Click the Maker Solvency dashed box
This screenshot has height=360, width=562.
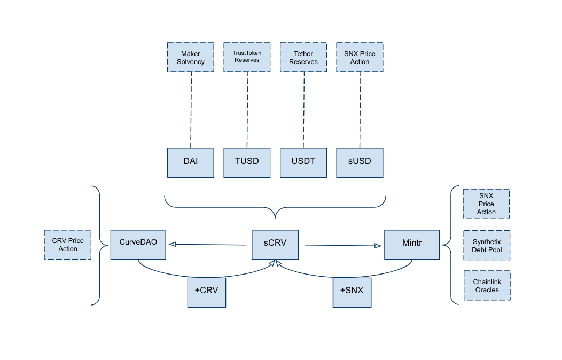[191, 57]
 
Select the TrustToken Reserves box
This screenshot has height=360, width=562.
[247, 57]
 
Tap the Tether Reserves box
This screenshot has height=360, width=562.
[303, 57]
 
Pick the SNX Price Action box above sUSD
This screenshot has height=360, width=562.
[360, 57]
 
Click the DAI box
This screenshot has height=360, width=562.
[191, 163]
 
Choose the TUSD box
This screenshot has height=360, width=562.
[247, 163]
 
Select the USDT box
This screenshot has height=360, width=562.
[303, 163]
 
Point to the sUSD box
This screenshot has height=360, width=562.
[360, 163]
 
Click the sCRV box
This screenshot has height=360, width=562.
[275, 245]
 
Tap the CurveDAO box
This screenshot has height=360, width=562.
[138, 245]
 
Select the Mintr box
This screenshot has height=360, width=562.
[412, 245]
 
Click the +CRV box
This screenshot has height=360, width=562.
[206, 292]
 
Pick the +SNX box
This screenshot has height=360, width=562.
[352, 292]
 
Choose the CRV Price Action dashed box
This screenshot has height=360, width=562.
[68, 245]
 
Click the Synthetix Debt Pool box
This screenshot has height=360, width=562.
[487, 245]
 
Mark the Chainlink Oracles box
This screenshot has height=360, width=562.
[487, 286]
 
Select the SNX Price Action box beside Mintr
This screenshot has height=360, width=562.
[486, 204]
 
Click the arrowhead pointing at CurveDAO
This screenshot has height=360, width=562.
[173, 244]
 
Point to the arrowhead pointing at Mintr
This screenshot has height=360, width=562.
[378, 246]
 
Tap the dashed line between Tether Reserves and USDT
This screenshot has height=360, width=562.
[304, 110]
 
